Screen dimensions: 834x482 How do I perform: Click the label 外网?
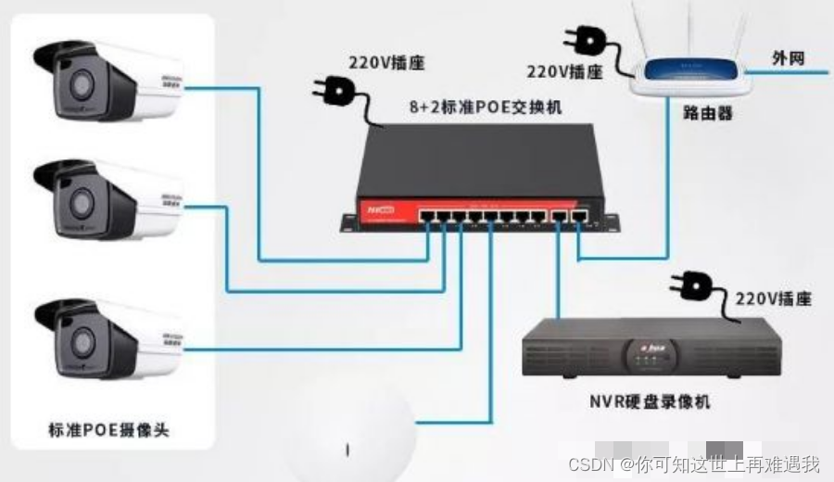[x=788, y=58]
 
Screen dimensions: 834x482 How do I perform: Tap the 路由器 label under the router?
[x=707, y=113]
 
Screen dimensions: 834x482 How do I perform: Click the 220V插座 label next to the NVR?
[x=774, y=298]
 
